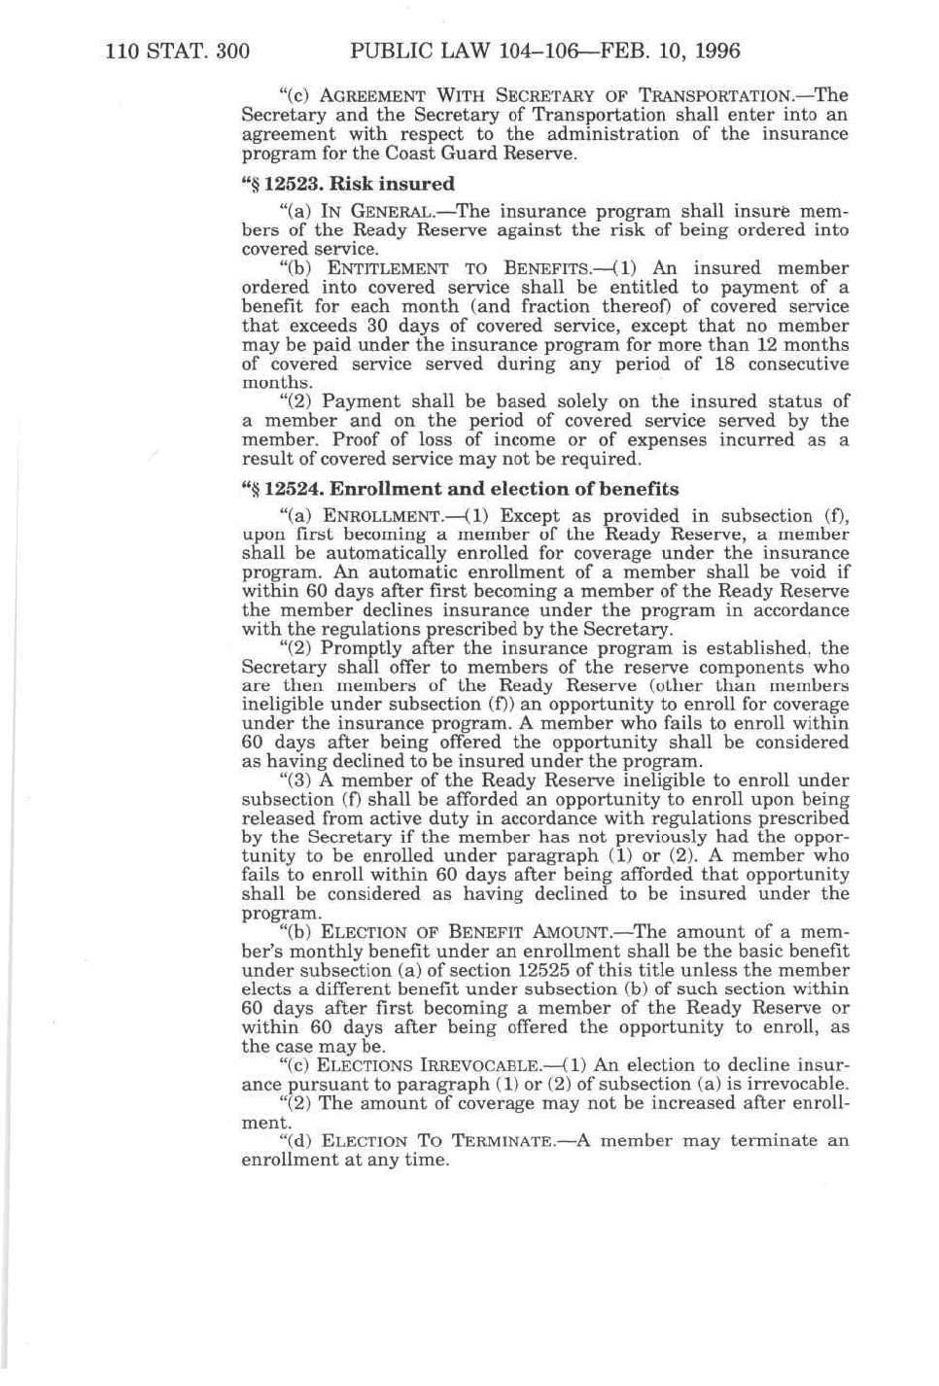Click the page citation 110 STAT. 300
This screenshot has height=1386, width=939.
pyautogui.click(x=177, y=51)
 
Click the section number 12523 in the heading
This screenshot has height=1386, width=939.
pyautogui.click(x=291, y=184)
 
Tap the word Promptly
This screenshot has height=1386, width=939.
pyautogui.click(x=362, y=648)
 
